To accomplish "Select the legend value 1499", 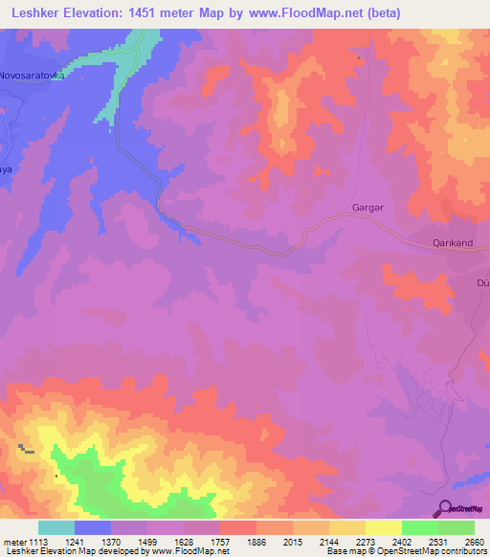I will (129, 542).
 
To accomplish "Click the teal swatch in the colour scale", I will (56, 527).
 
